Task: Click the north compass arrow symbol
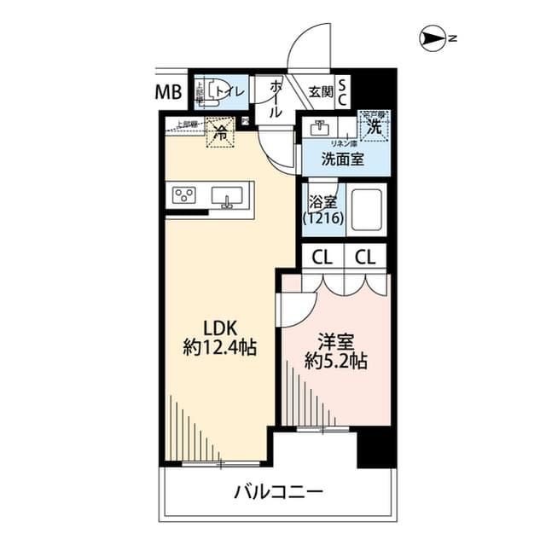point(434,38)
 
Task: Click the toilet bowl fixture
point(205,92)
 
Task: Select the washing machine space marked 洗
point(374,126)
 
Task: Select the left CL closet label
point(322,255)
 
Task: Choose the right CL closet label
point(366,255)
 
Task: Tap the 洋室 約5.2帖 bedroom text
point(337,350)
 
